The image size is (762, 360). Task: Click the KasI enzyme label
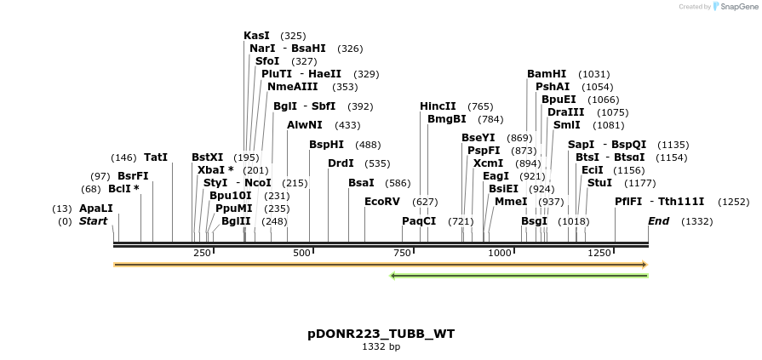[256, 36]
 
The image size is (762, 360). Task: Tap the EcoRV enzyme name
[381, 202]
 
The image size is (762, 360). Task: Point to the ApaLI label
[96, 209]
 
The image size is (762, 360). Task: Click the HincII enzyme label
[438, 106]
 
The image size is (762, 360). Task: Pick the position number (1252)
[734, 202]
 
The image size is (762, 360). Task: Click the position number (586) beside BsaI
[398, 183]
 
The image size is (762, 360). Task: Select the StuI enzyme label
[599, 183]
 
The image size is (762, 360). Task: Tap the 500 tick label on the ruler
[301, 254]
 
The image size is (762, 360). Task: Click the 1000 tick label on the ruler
[499, 254]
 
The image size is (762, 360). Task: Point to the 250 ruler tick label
[202, 254]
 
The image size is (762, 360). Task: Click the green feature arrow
[519, 276]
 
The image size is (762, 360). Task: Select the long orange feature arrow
[381, 265]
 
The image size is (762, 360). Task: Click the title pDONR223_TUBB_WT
[381, 334]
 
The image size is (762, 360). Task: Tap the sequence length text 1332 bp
[381, 347]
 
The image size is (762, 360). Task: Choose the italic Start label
[94, 221]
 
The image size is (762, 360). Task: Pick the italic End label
[658, 221]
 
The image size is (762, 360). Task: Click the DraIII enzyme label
[566, 112]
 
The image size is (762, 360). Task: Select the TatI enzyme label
[156, 157]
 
